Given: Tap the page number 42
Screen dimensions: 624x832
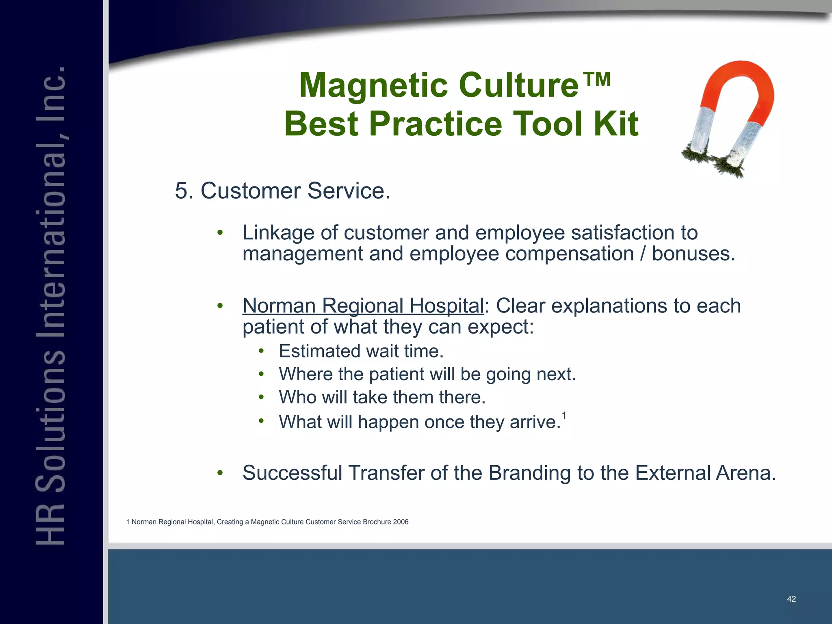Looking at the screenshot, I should [x=791, y=599].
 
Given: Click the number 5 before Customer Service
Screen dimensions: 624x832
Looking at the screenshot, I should [x=181, y=191].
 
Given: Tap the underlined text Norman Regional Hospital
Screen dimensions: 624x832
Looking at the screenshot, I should [x=363, y=305].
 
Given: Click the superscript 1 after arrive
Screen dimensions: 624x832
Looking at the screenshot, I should [x=564, y=416].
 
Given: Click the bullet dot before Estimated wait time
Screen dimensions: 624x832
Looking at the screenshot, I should [x=261, y=351].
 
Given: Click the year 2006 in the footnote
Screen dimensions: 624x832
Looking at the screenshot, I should [x=401, y=522].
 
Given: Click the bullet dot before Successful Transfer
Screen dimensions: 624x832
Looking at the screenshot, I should [x=220, y=472].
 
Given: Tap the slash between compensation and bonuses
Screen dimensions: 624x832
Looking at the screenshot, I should [x=643, y=254].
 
